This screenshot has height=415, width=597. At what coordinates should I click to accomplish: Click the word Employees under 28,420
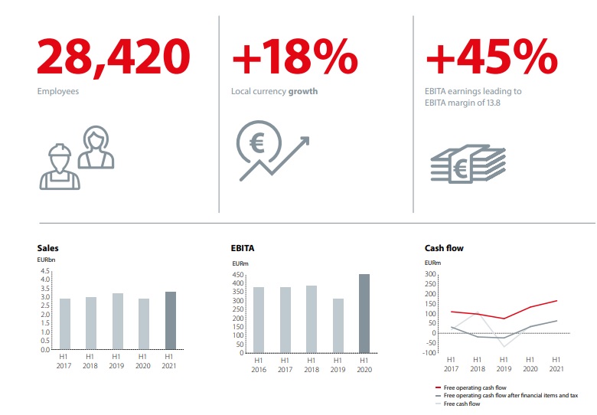click(x=58, y=91)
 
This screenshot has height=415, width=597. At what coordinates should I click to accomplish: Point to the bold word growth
click(x=302, y=91)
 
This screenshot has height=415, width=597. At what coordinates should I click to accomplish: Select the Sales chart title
click(x=47, y=248)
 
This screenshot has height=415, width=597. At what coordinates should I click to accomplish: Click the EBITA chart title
click(x=243, y=248)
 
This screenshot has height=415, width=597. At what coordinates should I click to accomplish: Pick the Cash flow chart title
click(x=444, y=248)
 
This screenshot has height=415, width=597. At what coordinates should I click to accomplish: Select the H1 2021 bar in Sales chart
click(x=170, y=320)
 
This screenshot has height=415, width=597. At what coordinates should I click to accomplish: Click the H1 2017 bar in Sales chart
click(x=65, y=323)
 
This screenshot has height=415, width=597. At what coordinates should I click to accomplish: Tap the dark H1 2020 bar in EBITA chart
click(x=364, y=313)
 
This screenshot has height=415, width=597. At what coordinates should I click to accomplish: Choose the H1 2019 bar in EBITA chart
click(x=338, y=325)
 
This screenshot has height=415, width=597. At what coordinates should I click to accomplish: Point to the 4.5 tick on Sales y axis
click(x=45, y=270)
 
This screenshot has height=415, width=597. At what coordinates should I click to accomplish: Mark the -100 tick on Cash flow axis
click(x=430, y=353)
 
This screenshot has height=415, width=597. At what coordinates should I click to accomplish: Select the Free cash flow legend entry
click(x=462, y=404)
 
